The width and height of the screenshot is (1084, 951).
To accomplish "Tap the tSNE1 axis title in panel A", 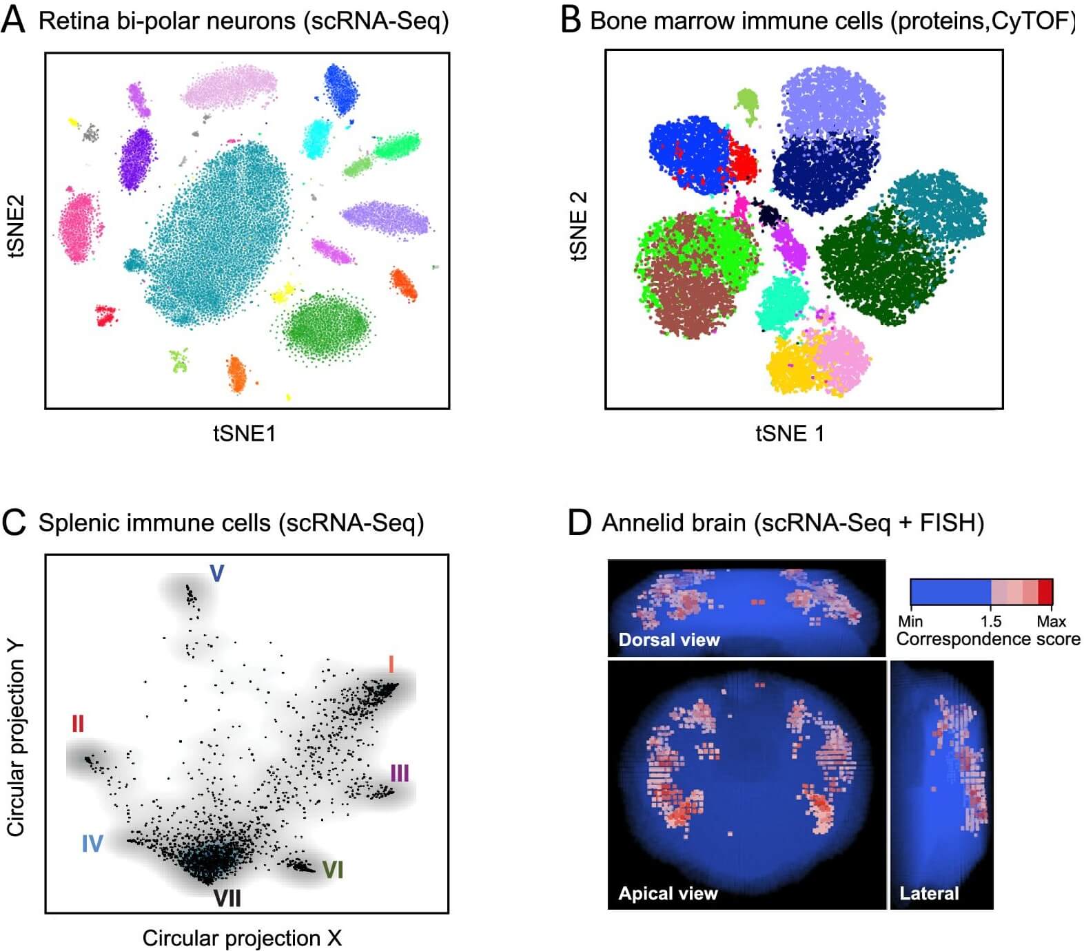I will tap(244, 433).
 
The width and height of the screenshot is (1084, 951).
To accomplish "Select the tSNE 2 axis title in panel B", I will tap(579, 225).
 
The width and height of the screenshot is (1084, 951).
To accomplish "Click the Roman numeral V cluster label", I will tap(216, 573).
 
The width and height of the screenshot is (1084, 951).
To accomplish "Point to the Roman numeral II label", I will tap(77, 724).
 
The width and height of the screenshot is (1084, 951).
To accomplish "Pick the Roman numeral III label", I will tap(400, 773).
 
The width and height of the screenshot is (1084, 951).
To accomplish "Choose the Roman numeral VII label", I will tap(227, 898).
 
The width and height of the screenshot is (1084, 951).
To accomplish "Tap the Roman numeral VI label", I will tap(333, 870).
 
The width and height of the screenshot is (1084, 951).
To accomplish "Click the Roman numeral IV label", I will tap(92, 844).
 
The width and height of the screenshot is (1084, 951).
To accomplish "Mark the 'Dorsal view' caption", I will tap(668, 640).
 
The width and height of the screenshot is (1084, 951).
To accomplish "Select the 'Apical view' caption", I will tap(668, 893).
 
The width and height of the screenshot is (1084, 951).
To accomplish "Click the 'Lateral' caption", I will tap(929, 893).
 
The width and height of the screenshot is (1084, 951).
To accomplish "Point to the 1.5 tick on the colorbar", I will tap(990, 621).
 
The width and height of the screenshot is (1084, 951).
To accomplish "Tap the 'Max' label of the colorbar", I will tap(1051, 621).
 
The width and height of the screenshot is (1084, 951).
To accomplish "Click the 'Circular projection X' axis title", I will tap(242, 938).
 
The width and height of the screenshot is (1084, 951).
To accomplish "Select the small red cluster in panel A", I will tap(105, 315).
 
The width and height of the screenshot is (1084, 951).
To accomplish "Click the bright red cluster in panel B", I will tap(742, 161).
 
